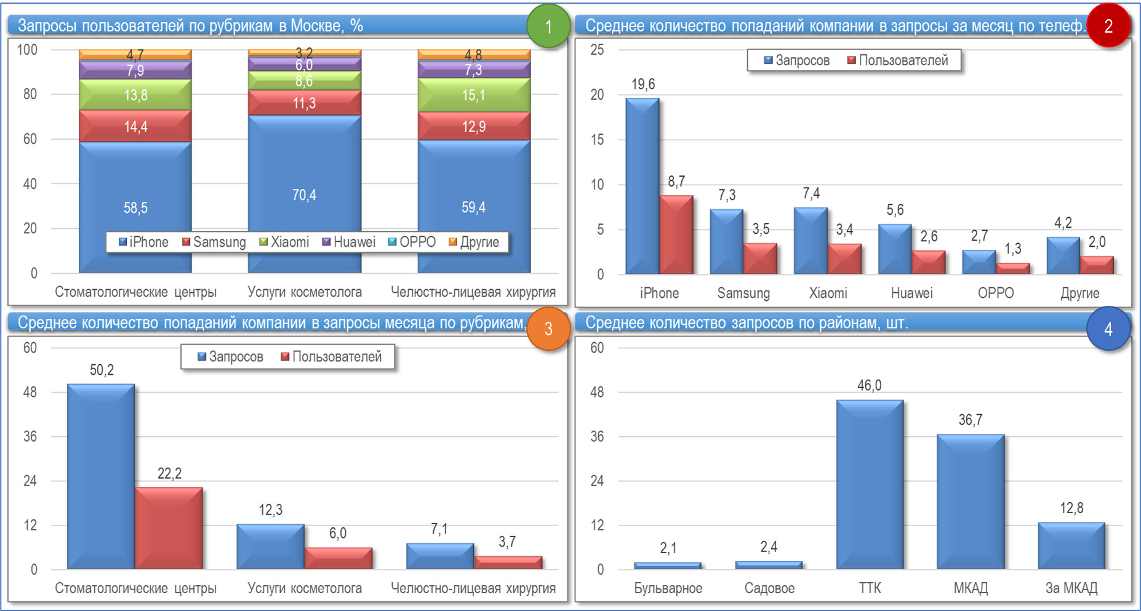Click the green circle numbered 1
pyautogui.click(x=548, y=26)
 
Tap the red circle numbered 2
pyautogui.click(x=1108, y=26)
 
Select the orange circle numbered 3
pyautogui.click(x=548, y=329)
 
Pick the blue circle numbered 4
pyautogui.click(x=1108, y=329)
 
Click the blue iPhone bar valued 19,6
pyautogui.click(x=642, y=185)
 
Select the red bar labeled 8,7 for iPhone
pyautogui.click(x=676, y=234)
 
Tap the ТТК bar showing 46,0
pyautogui.click(x=870, y=484)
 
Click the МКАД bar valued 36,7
pyautogui.click(x=971, y=501)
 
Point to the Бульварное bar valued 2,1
pyautogui.click(x=668, y=565)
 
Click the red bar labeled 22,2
pyautogui.click(x=169, y=527)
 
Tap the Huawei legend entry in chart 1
pyautogui.click(x=349, y=242)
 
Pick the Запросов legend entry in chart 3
pyautogui.click(x=230, y=357)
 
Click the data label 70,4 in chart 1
pyautogui.click(x=304, y=195)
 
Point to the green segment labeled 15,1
pyautogui.click(x=473, y=95)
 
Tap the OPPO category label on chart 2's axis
pyautogui.click(x=996, y=293)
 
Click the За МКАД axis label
pyautogui.click(x=1071, y=588)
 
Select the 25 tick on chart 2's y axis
pyautogui.click(x=597, y=50)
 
